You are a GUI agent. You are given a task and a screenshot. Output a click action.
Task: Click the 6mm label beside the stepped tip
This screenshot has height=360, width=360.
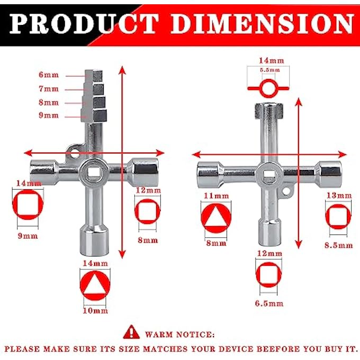pos(49,75)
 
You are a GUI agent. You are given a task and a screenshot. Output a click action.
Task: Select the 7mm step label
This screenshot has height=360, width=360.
pos(49,89)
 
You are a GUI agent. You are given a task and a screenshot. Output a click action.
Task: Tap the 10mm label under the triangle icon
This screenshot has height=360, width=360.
pos(95,311)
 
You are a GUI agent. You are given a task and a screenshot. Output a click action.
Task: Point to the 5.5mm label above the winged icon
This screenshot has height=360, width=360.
pos(270,70)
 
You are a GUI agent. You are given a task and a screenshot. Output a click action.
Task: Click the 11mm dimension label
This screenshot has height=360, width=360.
pos(217,196)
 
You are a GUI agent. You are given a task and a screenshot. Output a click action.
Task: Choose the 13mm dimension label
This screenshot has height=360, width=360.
pos(339,195)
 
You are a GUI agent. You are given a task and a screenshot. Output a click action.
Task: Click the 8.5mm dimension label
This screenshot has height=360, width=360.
pos(339,245)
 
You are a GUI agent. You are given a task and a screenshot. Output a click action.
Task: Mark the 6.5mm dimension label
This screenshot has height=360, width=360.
pos(269,303)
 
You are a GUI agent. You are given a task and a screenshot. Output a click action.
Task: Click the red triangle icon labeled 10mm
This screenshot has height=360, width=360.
pos(95,285)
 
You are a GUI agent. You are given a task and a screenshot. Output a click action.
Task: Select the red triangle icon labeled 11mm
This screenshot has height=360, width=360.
pos(216,218)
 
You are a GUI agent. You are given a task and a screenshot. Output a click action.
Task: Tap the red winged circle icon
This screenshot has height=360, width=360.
pos(268,88)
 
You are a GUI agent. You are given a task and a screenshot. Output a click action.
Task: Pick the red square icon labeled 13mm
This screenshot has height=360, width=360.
pos(338,217)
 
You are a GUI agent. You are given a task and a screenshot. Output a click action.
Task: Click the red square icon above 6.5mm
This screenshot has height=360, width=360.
pos(268,275)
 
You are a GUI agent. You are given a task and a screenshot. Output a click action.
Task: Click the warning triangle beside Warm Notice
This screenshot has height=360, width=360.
pos(131,332)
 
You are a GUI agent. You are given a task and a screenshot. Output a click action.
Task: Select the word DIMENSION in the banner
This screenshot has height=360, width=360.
pos(263,24)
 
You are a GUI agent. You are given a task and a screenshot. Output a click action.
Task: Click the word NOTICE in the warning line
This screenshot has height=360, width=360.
pos(198,335)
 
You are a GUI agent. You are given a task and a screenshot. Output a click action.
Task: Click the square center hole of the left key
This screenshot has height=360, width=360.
pos(94,172)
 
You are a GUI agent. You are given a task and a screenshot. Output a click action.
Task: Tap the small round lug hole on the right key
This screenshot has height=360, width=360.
pos(286,191)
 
